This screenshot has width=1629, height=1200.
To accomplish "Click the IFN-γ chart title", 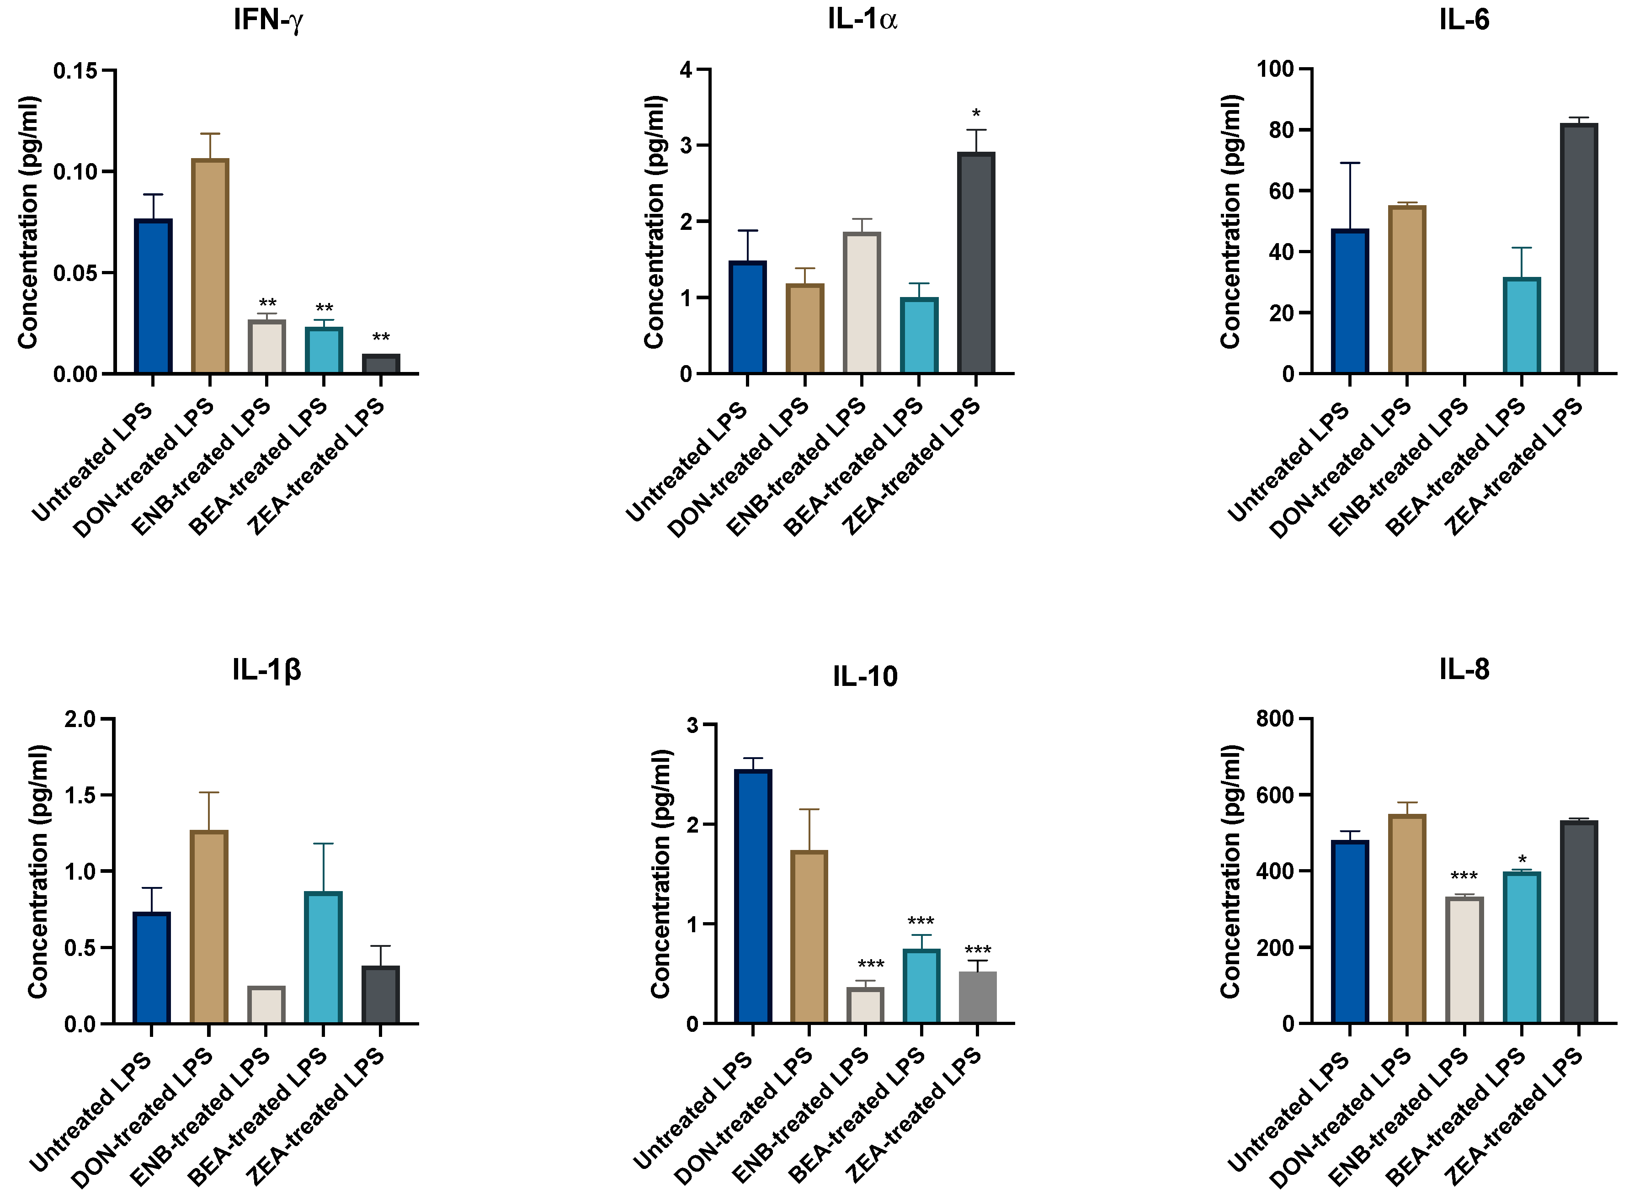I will [x=267, y=20].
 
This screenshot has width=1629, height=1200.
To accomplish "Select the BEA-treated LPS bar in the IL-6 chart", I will [x=1522, y=325].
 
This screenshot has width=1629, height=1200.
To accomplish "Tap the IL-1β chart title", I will [x=266, y=669].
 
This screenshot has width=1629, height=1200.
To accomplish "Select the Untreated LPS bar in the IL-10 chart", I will [x=753, y=897].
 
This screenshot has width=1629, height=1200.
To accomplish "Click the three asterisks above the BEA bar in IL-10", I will [x=921, y=921].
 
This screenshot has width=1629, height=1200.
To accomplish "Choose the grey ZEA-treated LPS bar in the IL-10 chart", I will [x=977, y=998].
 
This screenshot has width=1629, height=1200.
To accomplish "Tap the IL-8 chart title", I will [x=1464, y=669].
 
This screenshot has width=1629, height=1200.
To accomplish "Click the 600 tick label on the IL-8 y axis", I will [x=1274, y=796].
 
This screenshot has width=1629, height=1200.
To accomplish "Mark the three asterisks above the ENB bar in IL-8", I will [x=1464, y=876].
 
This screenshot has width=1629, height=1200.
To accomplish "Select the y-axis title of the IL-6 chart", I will [x=1230, y=222].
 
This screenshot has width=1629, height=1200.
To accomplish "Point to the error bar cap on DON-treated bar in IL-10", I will [x=809, y=809].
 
